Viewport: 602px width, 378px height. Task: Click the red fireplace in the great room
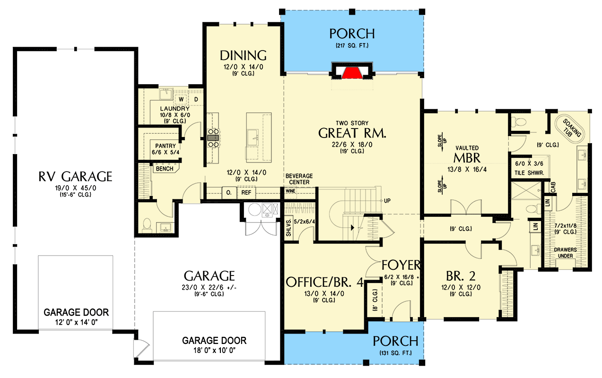[352, 73]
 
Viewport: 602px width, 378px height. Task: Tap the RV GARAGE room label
[75, 176]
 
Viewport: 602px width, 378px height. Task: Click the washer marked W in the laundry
[181, 99]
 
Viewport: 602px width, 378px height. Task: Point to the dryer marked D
[196, 99]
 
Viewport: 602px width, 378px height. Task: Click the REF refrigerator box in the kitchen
[246, 192]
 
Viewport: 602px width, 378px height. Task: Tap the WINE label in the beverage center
[290, 191]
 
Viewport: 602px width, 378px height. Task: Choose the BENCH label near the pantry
[165, 169]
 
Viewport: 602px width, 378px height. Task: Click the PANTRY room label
[166, 146]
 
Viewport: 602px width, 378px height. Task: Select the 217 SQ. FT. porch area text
[352, 45]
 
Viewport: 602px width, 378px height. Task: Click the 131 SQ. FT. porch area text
[396, 353]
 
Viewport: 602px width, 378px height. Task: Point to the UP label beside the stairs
[387, 200]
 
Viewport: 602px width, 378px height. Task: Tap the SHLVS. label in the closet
[288, 228]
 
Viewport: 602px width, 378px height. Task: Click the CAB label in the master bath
[553, 187]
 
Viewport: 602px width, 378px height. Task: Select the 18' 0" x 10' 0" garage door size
[214, 350]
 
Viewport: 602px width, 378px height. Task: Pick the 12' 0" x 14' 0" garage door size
[76, 322]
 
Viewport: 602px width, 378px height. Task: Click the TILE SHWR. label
[529, 173]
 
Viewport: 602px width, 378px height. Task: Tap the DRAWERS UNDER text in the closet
[566, 253]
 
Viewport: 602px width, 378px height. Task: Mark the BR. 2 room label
[461, 276]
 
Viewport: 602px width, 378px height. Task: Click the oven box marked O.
[229, 192]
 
